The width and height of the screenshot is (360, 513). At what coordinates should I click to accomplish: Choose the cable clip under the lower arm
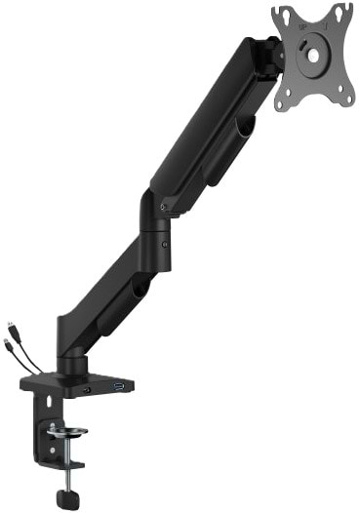(140, 290)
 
